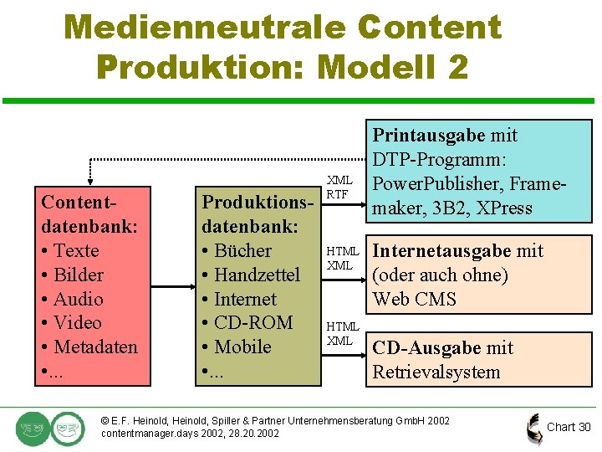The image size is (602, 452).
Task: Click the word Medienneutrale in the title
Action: [x=203, y=27]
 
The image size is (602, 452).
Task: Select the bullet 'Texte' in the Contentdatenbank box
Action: [x=75, y=250]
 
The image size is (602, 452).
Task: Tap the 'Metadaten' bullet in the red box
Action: [x=94, y=347]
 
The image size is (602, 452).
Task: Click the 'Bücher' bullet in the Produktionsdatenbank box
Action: [x=242, y=250]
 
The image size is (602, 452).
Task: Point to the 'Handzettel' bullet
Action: [x=256, y=275]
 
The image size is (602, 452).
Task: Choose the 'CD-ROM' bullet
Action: [x=253, y=322]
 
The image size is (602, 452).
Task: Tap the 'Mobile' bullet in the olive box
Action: [x=242, y=347]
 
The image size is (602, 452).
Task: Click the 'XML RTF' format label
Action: [x=339, y=187]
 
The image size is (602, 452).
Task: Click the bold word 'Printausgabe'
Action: [x=429, y=136]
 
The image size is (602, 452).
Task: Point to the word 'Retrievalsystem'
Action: [x=436, y=372]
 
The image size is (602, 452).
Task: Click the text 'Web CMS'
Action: [x=415, y=299]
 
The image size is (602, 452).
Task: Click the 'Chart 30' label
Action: [x=569, y=427]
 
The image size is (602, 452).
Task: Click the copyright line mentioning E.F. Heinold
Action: [x=274, y=420]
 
